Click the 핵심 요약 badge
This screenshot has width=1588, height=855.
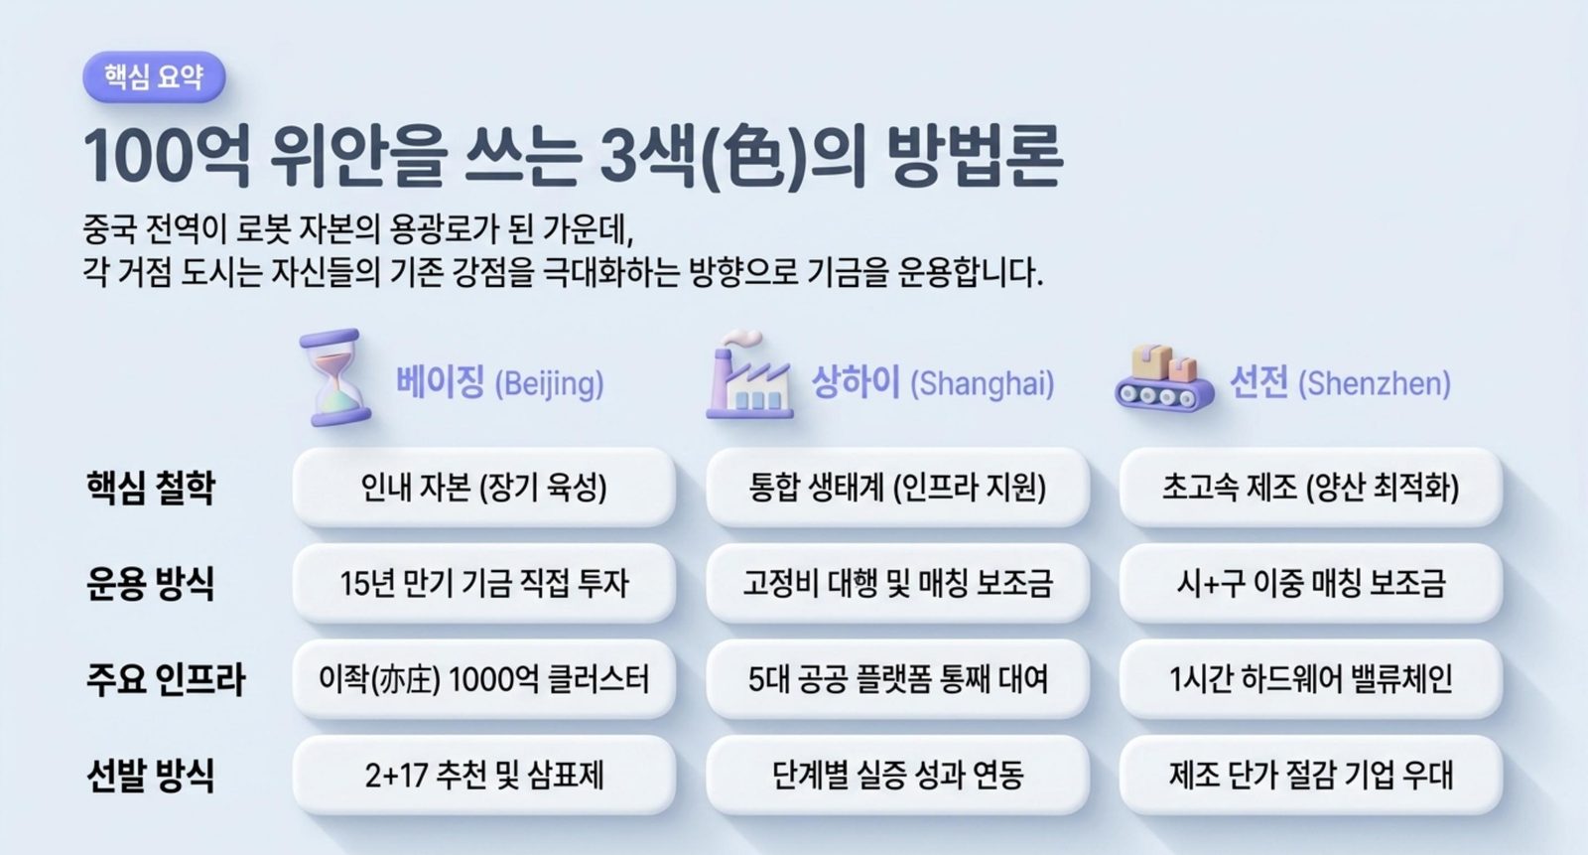[x=154, y=76]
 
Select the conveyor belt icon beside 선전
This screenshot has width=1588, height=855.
[x=1164, y=378]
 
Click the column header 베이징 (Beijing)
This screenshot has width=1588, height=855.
[x=500, y=383]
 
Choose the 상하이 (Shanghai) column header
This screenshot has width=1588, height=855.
[x=932, y=383]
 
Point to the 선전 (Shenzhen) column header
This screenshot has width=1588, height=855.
[x=1340, y=383]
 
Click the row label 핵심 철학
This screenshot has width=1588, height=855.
[x=150, y=488]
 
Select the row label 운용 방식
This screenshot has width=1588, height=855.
[x=150, y=583]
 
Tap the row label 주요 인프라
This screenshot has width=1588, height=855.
[x=165, y=679]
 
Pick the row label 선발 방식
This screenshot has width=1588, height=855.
[x=150, y=775]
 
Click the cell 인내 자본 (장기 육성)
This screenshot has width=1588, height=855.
[x=484, y=488]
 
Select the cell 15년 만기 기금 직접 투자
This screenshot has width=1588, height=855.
[x=484, y=583]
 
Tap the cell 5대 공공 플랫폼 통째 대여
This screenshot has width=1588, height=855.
[x=897, y=679]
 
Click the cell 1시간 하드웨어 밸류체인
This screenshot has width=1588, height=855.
[x=1311, y=679]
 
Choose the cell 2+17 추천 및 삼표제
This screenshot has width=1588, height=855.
[x=484, y=775]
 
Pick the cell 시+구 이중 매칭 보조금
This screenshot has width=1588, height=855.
[x=1311, y=583]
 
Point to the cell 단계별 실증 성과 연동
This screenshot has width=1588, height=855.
[x=897, y=775]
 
